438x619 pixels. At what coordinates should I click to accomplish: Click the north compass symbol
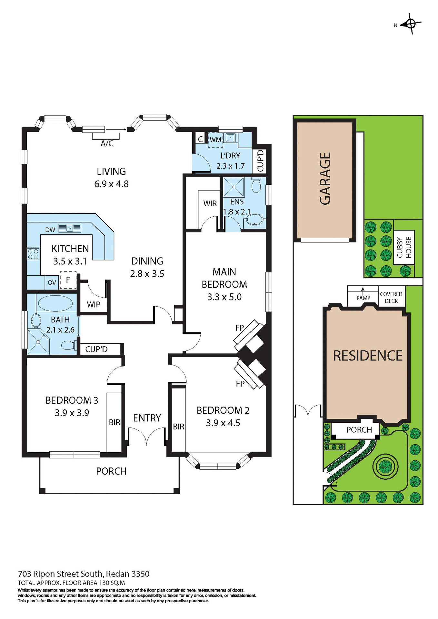point(411,24)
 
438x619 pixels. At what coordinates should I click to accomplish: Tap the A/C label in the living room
point(107,143)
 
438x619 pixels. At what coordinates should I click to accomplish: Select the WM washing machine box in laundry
point(215,140)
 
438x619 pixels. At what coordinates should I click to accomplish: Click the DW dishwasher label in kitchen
point(50,230)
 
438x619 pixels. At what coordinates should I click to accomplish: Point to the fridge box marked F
point(68,280)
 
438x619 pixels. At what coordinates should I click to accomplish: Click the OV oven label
point(52,283)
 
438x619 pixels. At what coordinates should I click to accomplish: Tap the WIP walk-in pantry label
point(94,304)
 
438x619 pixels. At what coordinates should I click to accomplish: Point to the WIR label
point(210,203)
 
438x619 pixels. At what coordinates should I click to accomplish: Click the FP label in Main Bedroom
point(240,328)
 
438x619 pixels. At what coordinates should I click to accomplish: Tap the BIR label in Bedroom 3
point(114,422)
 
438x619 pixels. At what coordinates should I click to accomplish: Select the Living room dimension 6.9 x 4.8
point(111,184)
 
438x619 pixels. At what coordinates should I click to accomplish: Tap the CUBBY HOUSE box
point(404,247)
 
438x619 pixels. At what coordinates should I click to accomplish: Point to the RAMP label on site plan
point(363,298)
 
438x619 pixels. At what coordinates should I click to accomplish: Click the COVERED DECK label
point(391,297)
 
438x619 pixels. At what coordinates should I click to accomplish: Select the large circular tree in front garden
point(385,466)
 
